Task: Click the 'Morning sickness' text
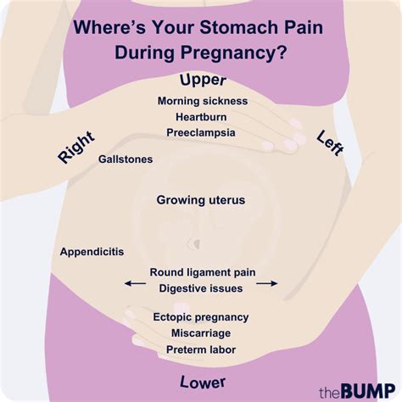coord(202,101)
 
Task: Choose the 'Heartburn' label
coord(201,117)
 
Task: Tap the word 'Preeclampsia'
coord(201,133)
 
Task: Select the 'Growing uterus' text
coord(201,200)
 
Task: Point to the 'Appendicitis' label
coord(92,252)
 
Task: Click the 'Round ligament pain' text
coord(202,272)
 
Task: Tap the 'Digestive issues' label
coord(201,288)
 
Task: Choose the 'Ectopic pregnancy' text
coord(201,317)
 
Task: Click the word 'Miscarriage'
coord(201,333)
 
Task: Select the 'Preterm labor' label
coord(201,349)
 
